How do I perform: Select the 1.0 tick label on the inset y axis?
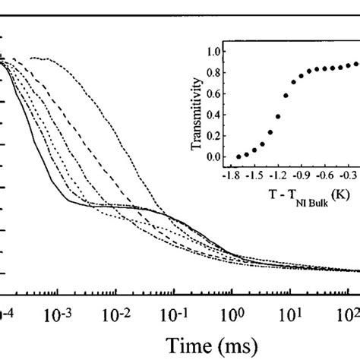pyautogui.click(x=216, y=52)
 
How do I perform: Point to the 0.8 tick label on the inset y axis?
pyautogui.click(x=216, y=73)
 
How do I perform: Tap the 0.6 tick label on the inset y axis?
pyautogui.click(x=216, y=94)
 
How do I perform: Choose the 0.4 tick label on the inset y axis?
pyautogui.click(x=216, y=115)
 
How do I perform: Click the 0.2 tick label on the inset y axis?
pyautogui.click(x=216, y=136)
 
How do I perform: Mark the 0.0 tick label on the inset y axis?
pyautogui.click(x=216, y=156)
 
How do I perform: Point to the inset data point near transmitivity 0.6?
pyautogui.click(x=285, y=96)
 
